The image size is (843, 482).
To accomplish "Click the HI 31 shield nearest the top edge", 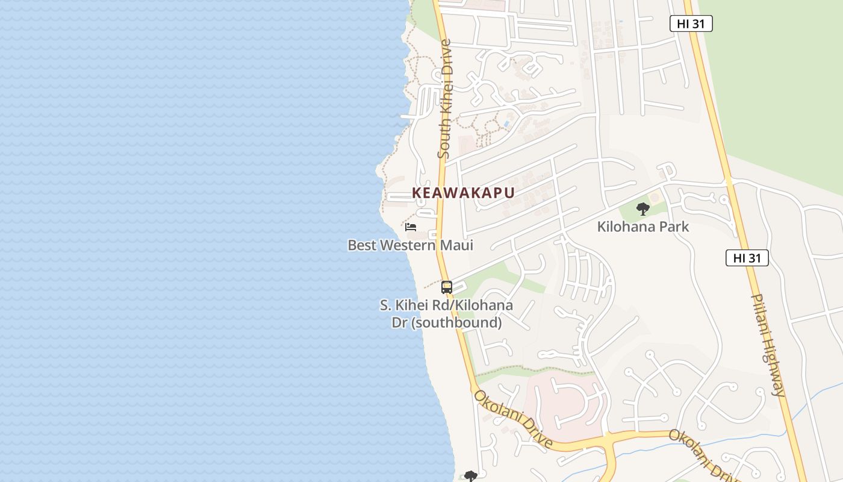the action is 691,23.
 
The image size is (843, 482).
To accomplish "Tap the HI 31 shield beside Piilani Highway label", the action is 747,258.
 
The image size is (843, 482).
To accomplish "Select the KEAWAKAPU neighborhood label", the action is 463,193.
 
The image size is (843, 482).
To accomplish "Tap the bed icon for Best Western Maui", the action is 411,227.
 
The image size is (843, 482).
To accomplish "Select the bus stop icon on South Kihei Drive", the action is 446,287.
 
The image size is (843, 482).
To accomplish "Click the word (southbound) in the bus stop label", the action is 457,322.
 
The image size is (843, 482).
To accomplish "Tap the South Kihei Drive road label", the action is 444,99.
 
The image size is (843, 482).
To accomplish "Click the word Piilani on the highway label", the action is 759,313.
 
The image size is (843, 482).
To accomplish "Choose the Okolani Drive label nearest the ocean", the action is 512,419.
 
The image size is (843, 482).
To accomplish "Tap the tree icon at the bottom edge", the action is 471,477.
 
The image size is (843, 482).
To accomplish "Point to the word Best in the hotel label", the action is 363,245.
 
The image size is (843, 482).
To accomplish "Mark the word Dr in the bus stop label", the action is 400,322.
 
